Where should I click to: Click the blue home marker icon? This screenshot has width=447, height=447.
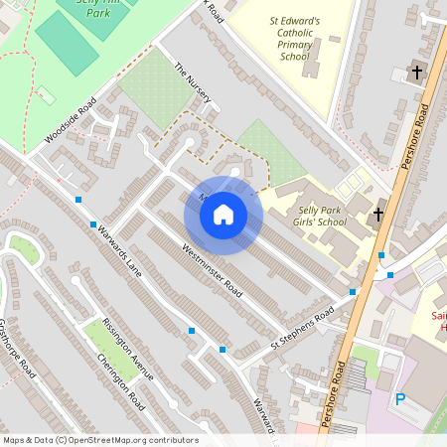click(x=223, y=214)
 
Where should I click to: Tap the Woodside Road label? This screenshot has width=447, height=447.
click(x=71, y=120)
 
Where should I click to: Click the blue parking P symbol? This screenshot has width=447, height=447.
click(x=401, y=399)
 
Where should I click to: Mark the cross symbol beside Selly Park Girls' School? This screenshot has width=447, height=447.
click(x=377, y=214)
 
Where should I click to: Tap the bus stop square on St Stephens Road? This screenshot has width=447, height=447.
click(x=353, y=292)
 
